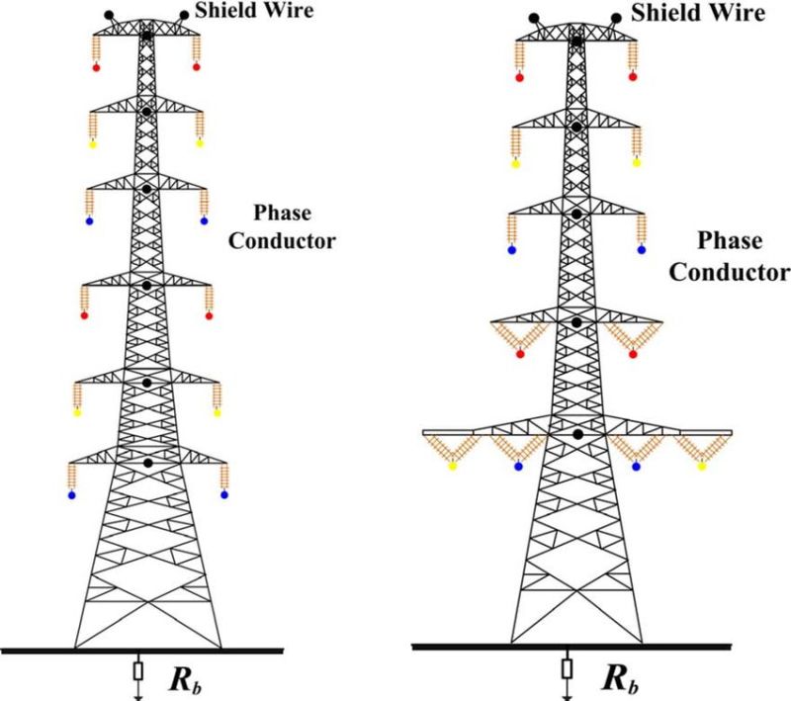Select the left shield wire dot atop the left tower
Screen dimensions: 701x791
point(109,17)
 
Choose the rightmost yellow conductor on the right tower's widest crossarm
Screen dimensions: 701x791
point(701,467)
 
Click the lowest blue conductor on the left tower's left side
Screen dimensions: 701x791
point(72,495)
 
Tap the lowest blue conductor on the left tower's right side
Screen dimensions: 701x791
point(224,495)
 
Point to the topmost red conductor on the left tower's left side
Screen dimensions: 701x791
point(96,68)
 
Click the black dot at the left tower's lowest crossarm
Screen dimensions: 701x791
point(147,463)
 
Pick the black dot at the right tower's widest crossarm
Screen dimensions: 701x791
point(576,434)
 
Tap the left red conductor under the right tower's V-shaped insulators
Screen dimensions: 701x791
point(520,354)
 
